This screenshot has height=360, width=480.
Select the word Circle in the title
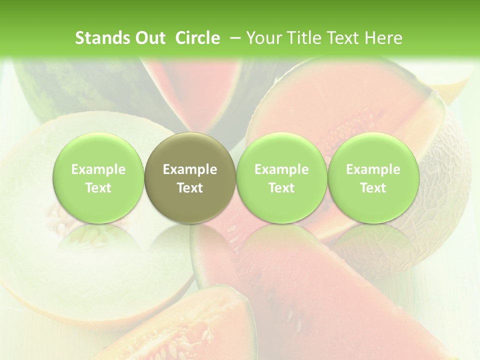click(x=197, y=38)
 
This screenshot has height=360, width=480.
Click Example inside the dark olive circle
click(x=190, y=170)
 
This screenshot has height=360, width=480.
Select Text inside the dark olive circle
click(x=190, y=188)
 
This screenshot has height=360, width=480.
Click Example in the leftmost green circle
click(x=98, y=170)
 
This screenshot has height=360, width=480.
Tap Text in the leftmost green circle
click(x=98, y=188)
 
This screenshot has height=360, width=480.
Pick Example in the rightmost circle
click(x=373, y=170)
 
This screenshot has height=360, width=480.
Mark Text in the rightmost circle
click(x=373, y=188)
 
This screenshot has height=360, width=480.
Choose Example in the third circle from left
click(x=281, y=170)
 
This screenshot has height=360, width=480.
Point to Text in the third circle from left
click(x=281, y=188)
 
